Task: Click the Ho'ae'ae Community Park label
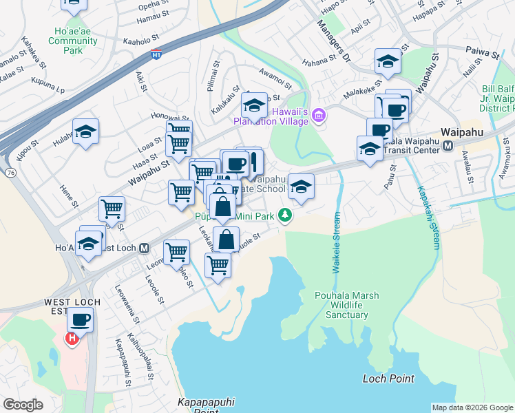pyautogui.click(x=72, y=41)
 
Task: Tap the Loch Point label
pyautogui.click(x=388, y=379)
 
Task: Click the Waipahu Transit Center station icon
pyautogui.click(x=448, y=145)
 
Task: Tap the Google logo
pyautogui.click(x=23, y=404)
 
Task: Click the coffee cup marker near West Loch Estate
pyautogui.click(x=81, y=319)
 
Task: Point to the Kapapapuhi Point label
pyautogui.click(x=197, y=405)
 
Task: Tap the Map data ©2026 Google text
pyautogui.click(x=472, y=407)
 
